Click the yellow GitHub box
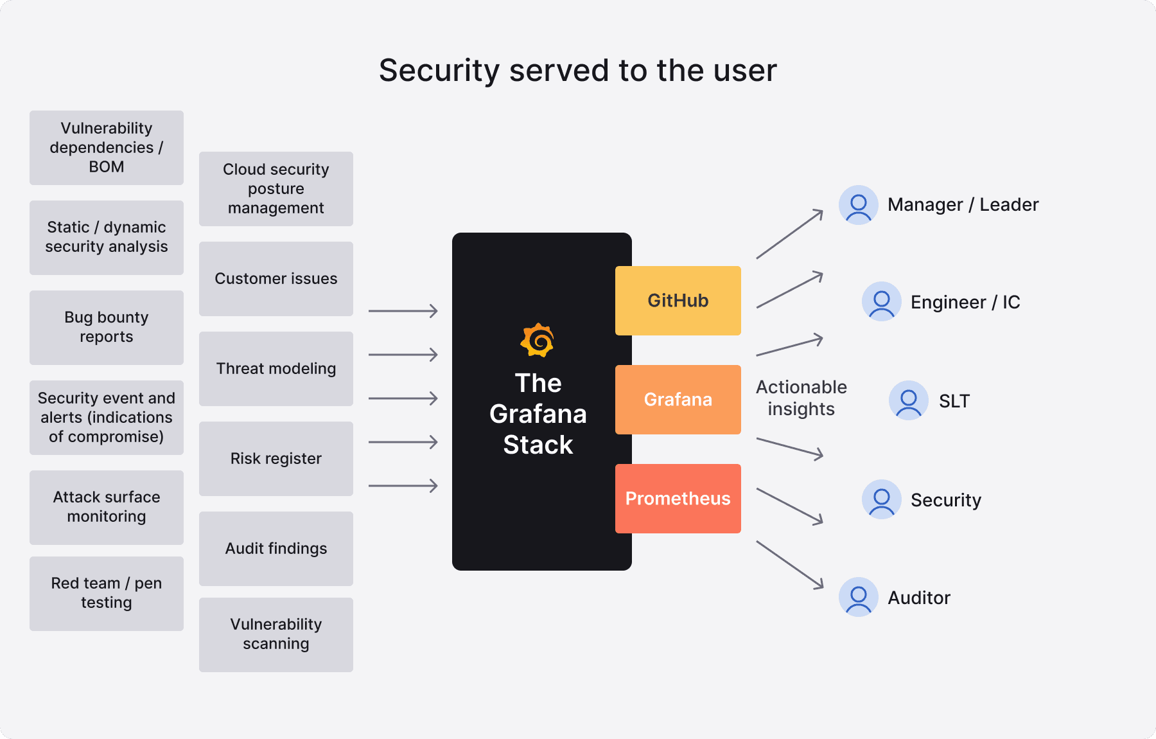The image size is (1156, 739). (x=678, y=300)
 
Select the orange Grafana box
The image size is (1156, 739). (x=678, y=399)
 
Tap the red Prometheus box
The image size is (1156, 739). (x=678, y=498)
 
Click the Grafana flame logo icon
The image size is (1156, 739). (x=538, y=340)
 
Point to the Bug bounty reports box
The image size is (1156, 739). (x=107, y=327)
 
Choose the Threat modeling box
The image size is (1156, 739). (x=276, y=368)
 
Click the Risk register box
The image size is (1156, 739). (x=276, y=458)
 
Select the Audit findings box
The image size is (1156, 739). (x=276, y=548)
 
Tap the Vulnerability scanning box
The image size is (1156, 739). (x=276, y=634)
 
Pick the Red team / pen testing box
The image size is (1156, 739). (x=107, y=593)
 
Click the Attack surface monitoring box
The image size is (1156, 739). (x=107, y=507)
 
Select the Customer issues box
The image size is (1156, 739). (x=276, y=278)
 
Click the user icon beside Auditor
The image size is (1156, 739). (x=858, y=597)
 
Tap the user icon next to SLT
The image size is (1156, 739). (x=908, y=400)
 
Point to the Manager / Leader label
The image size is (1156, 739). (x=963, y=204)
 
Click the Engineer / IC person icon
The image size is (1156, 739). (x=881, y=301)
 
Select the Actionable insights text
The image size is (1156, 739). (x=801, y=398)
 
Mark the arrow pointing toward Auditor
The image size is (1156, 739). (x=790, y=565)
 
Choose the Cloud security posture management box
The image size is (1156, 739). (x=276, y=188)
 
